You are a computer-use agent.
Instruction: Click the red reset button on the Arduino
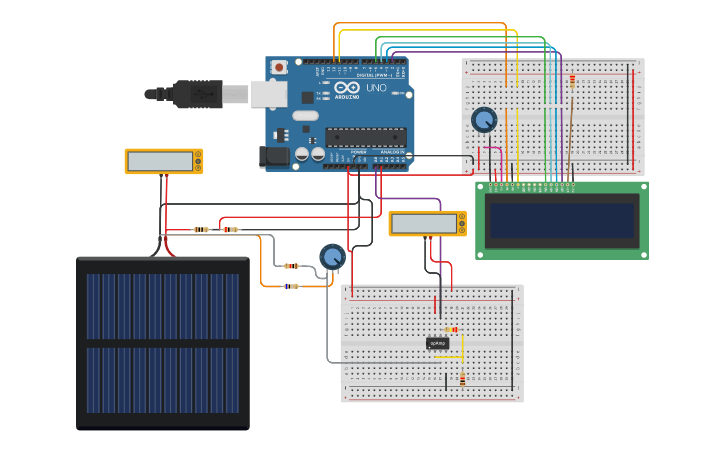[x=279, y=67]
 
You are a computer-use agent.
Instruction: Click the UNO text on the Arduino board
[x=376, y=89]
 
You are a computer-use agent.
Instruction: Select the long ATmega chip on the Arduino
[x=365, y=137]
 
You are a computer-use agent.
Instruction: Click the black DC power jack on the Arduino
[x=273, y=156]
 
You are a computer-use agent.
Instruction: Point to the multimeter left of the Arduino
[x=163, y=161]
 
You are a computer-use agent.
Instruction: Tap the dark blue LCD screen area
[x=561, y=221]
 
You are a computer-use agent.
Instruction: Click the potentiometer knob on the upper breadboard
[x=484, y=120]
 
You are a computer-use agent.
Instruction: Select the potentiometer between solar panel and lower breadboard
[x=332, y=257]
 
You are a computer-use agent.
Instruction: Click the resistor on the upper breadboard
[x=572, y=81]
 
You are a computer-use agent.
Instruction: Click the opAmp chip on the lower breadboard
[x=438, y=343]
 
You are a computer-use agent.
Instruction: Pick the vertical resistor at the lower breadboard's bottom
[x=462, y=379]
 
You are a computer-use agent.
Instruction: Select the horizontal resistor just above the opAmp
[x=451, y=329]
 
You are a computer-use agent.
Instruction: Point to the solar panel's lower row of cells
[x=163, y=380]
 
